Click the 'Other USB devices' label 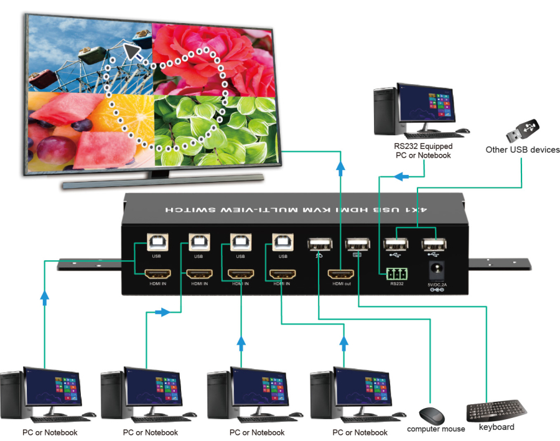(x=523, y=149)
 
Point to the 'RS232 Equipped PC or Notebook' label (x=423, y=151)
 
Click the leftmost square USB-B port (x=155, y=244)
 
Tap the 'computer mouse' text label (x=436, y=429)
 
